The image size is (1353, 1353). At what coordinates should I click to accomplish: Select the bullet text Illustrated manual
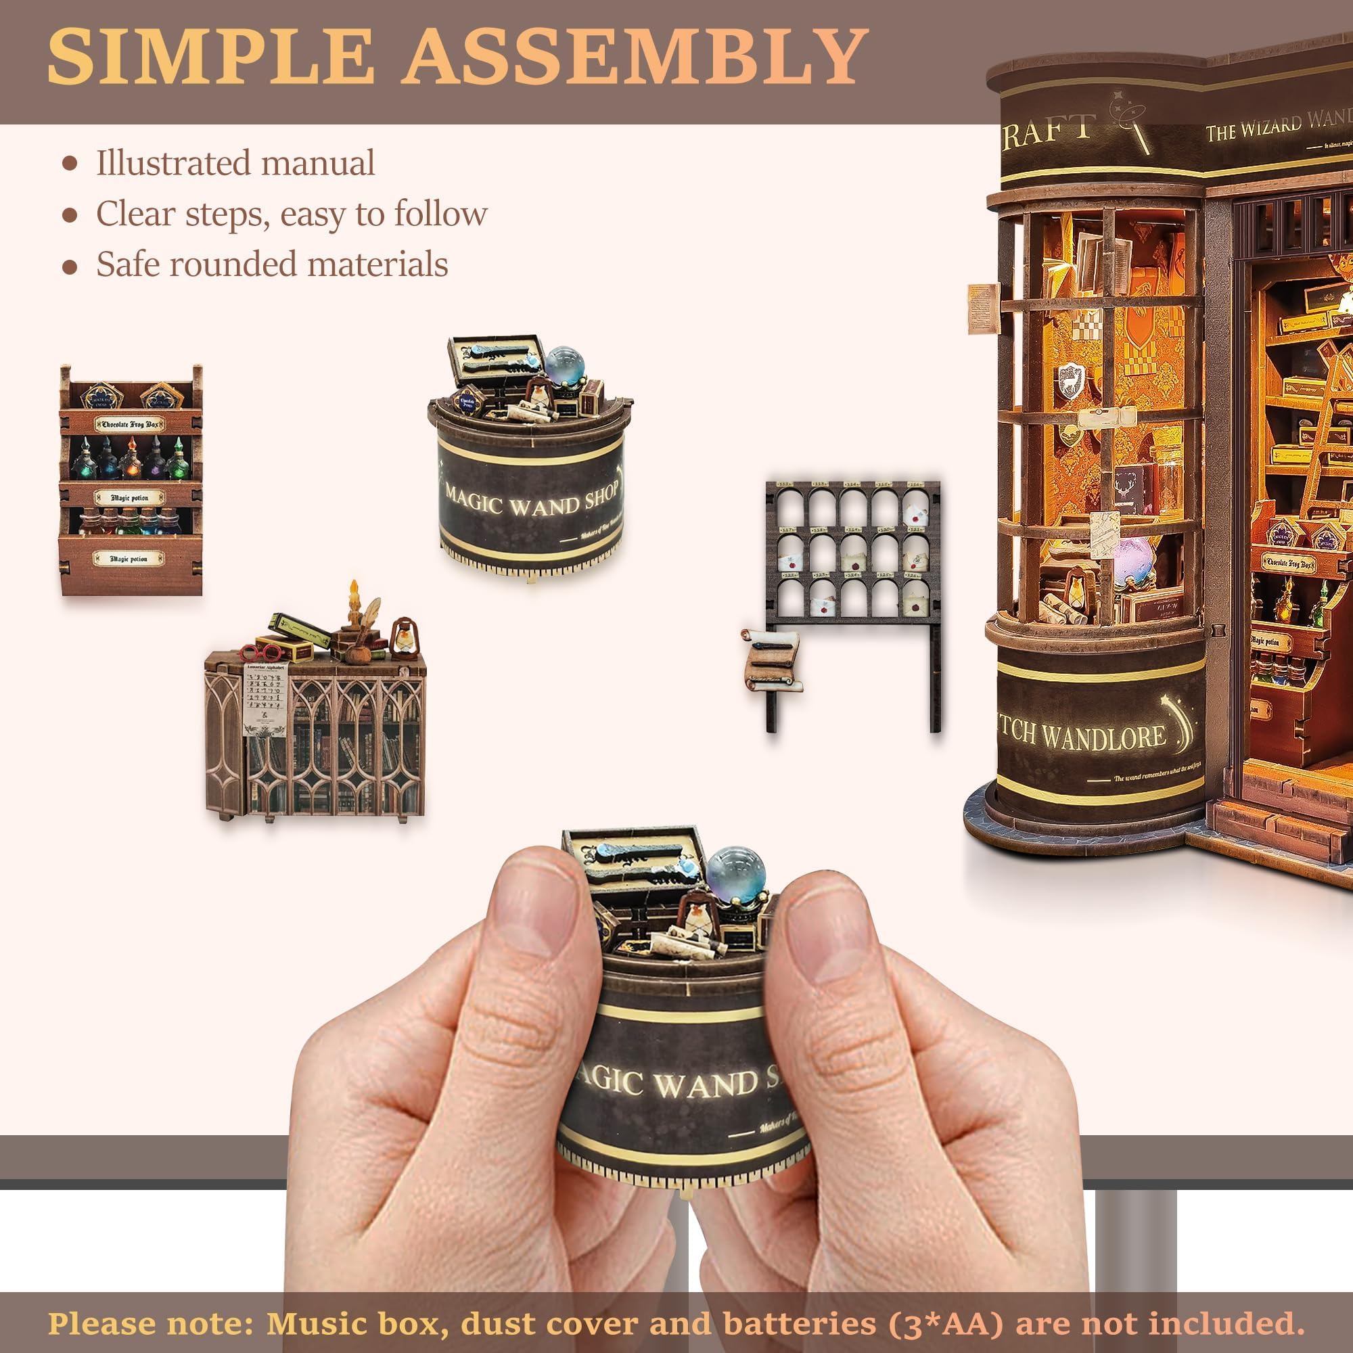(x=235, y=162)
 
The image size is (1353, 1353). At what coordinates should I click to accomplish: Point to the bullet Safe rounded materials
(x=272, y=264)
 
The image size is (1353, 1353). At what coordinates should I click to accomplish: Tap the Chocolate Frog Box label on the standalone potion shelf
(x=130, y=424)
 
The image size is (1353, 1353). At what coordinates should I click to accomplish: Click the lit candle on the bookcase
(x=354, y=616)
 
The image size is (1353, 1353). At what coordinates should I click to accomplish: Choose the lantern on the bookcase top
(x=403, y=639)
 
